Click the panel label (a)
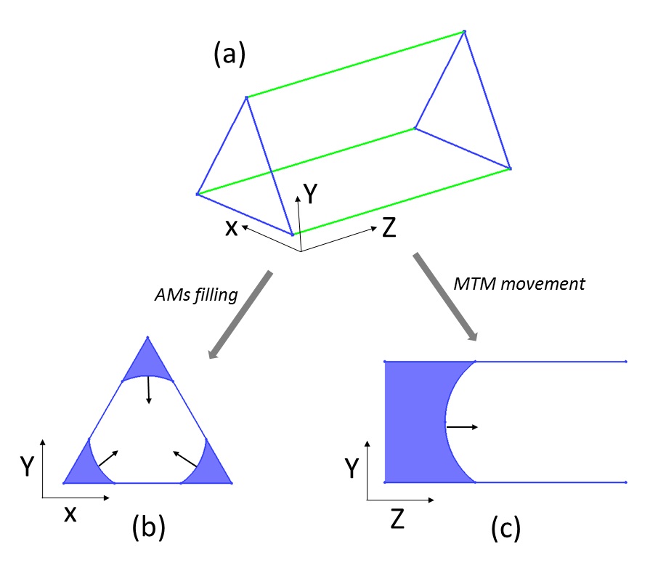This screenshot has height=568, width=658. click(x=230, y=54)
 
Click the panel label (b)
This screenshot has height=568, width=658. click(x=149, y=528)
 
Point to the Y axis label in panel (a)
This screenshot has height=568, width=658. click(x=310, y=193)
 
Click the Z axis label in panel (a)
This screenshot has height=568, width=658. click(x=389, y=229)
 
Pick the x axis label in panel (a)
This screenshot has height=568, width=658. click(x=231, y=227)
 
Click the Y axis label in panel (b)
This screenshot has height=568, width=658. click(x=27, y=467)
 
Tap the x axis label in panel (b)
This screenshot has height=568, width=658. click(x=70, y=514)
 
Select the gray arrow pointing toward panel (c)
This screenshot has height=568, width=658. click(x=446, y=297)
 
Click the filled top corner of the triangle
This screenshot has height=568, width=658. click(x=148, y=364)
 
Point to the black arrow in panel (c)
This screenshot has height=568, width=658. click(x=462, y=427)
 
